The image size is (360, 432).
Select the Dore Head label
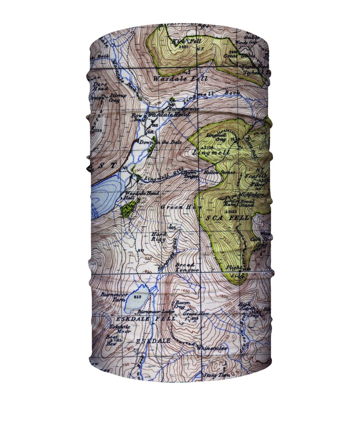[100, 86]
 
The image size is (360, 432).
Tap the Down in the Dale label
[154, 142]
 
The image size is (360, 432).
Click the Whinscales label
[212, 348]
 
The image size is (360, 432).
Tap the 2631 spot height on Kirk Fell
[183, 47]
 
